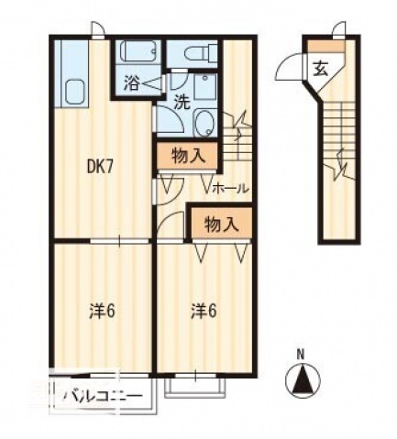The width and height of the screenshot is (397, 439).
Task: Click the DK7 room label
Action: coord(101,167)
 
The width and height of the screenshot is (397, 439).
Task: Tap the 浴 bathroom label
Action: coord(131,82)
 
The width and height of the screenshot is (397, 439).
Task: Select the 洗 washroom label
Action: coord(182,103)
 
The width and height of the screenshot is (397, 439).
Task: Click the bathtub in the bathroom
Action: coord(140,51)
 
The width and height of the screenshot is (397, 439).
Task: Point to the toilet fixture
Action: coord(201,51)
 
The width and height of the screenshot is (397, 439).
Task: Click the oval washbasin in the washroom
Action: coord(204,123)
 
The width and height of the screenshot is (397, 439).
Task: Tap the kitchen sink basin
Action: coord(74,91)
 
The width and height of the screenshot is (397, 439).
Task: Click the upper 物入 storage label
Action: coord(188,157)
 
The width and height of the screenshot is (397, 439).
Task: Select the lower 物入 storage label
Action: coord(221,225)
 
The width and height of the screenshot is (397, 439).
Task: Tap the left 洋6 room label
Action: coord(103,312)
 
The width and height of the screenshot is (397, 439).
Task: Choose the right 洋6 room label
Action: coord(204,312)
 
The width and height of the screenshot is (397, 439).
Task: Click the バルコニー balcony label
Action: coord(103,396)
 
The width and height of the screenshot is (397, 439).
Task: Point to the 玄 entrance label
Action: coord(320,69)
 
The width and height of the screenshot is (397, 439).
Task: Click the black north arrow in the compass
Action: coord(303,379)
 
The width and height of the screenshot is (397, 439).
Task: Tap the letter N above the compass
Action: coord(302,356)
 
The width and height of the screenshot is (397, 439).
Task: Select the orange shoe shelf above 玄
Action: coord(325,46)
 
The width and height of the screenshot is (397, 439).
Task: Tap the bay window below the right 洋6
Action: coord(194,387)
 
